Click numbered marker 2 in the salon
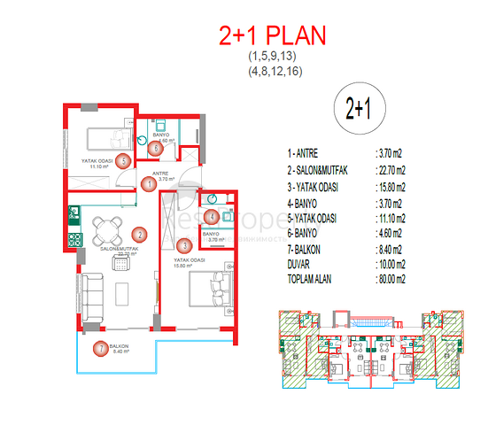(x=139, y=235)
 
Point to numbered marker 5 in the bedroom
(x=123, y=160)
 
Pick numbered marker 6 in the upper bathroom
(x=156, y=148)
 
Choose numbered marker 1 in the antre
(x=146, y=184)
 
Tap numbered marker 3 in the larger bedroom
(x=182, y=246)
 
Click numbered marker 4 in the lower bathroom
(x=211, y=216)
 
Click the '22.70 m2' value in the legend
(x=390, y=171)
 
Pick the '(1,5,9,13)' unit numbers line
(x=273, y=58)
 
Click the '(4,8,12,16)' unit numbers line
(x=273, y=71)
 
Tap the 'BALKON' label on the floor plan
(x=120, y=345)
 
